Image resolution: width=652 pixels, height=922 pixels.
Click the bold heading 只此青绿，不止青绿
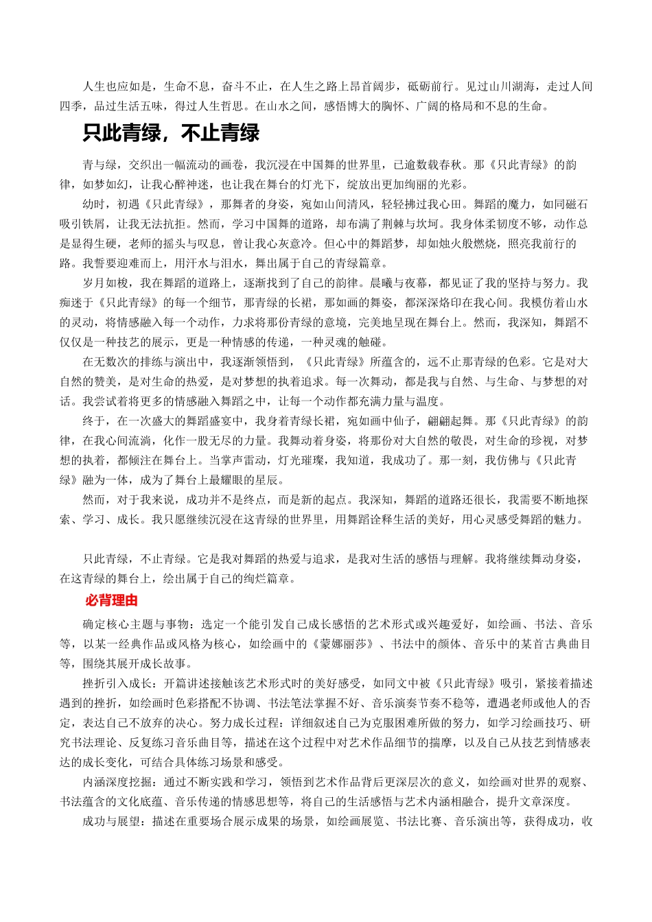point(171,132)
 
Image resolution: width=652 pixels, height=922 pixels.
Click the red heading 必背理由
point(112,600)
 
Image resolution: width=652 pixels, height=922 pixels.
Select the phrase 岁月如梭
point(106,283)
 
